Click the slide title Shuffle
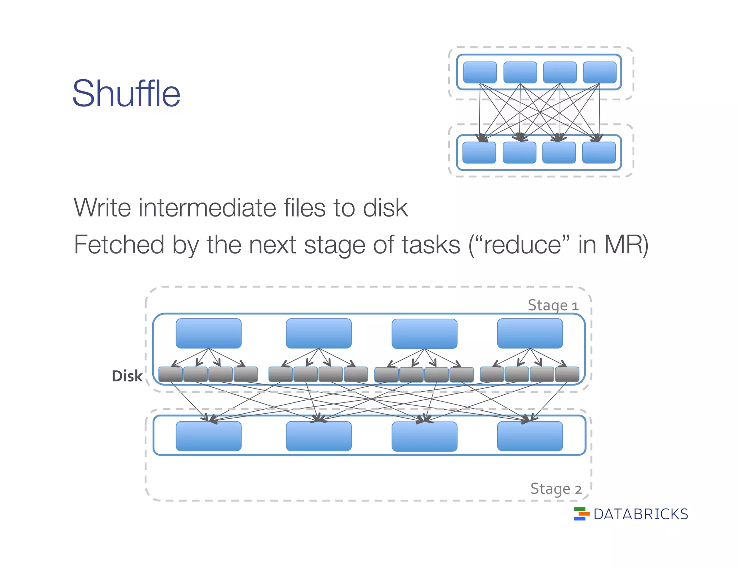(x=126, y=94)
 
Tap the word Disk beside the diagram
(x=127, y=376)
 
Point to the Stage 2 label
(x=556, y=489)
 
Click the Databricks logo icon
(x=581, y=514)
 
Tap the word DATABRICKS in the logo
(x=641, y=514)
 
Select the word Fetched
(x=119, y=245)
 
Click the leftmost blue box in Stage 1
(x=208, y=333)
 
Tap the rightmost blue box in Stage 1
(x=530, y=333)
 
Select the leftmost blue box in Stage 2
(x=208, y=436)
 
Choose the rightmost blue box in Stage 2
(x=530, y=436)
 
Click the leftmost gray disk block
(x=170, y=374)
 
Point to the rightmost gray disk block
(x=567, y=374)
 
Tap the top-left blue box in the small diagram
(x=480, y=72)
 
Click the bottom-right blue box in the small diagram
(x=599, y=153)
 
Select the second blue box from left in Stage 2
(x=318, y=436)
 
